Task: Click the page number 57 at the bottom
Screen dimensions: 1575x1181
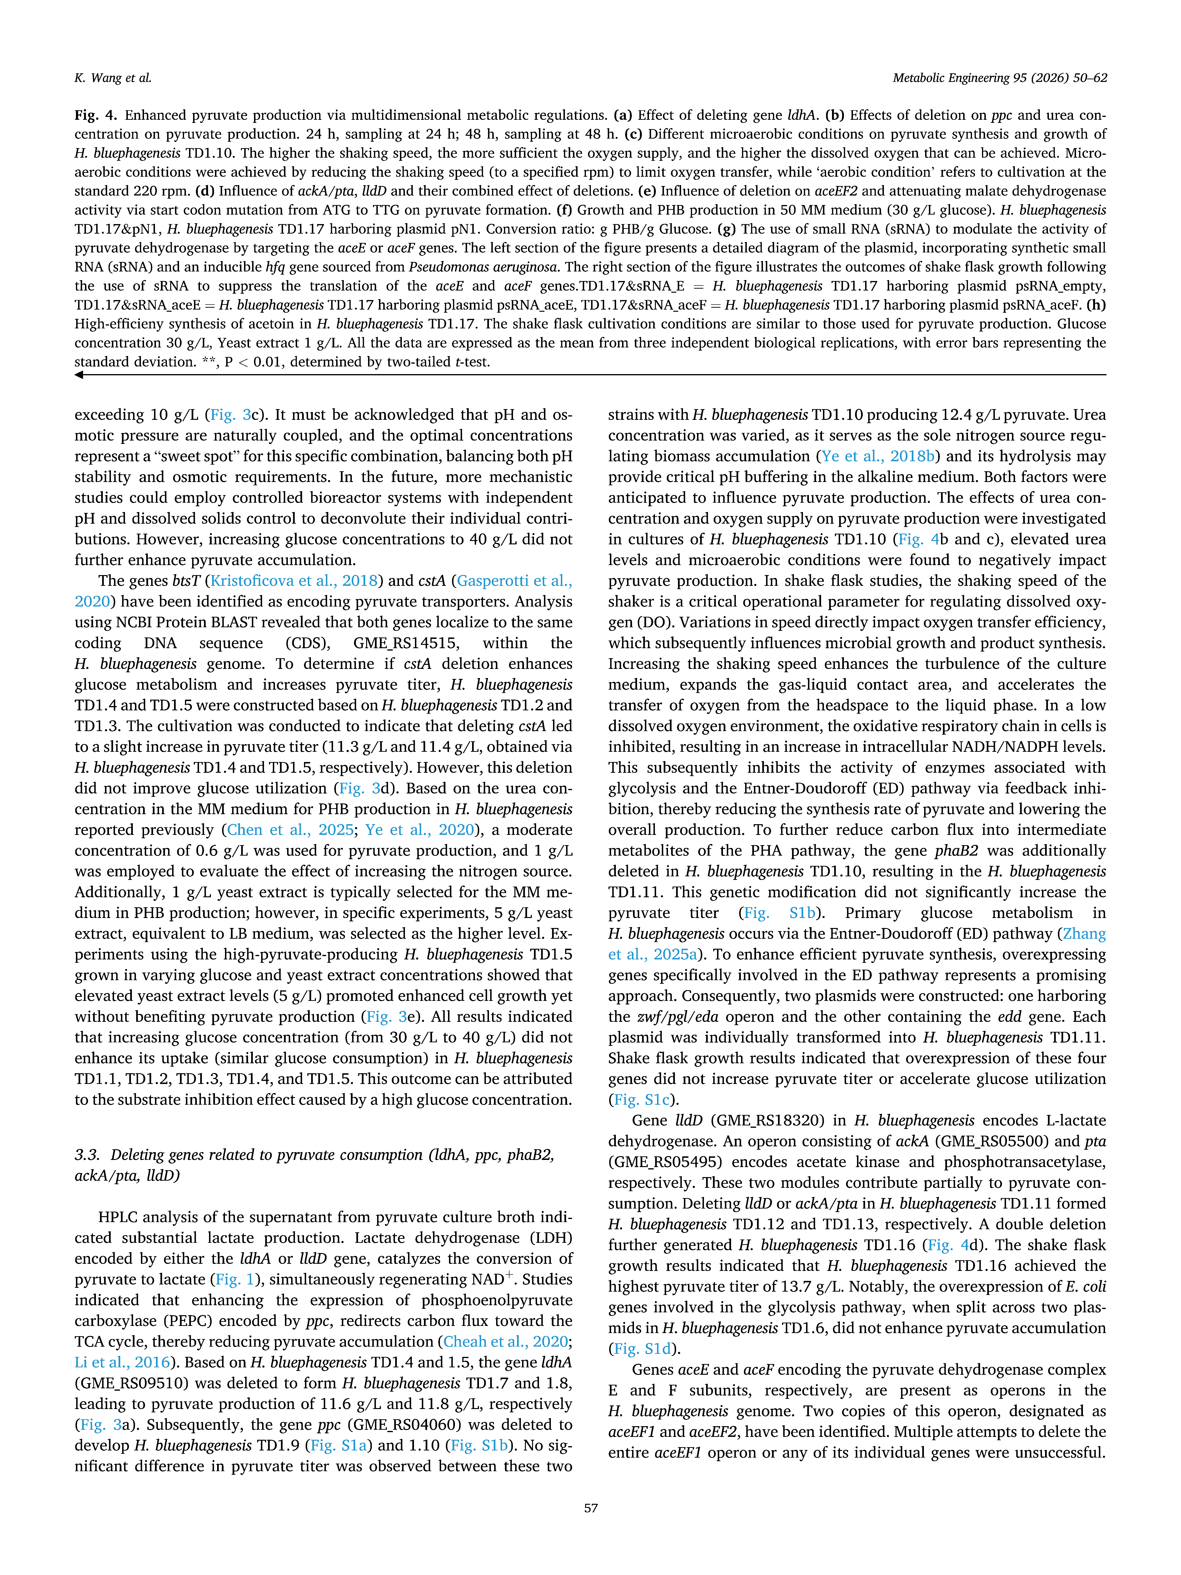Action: coord(590,1507)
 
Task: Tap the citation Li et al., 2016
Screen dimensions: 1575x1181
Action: coord(122,1362)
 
